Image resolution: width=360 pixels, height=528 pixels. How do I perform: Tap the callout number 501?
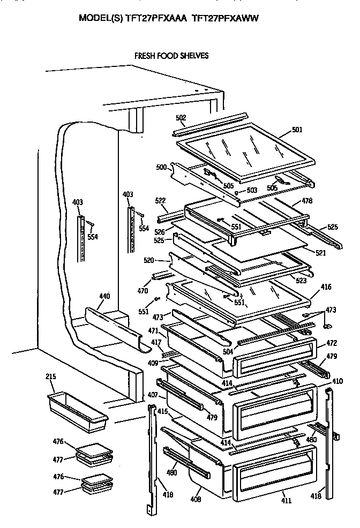[x=297, y=130]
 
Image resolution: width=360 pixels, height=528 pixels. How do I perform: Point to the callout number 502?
[x=181, y=118]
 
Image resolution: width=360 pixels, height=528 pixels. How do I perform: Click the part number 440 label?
[x=104, y=296]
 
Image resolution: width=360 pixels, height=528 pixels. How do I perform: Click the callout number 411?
[x=287, y=501]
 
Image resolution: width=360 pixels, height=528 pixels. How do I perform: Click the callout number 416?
[x=326, y=287]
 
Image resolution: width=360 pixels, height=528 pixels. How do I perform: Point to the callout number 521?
[x=319, y=252]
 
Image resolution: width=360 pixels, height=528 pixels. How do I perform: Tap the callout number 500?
[x=161, y=167]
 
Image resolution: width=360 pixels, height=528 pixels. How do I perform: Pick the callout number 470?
[x=142, y=292]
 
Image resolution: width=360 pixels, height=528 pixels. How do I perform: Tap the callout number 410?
[x=337, y=381]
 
